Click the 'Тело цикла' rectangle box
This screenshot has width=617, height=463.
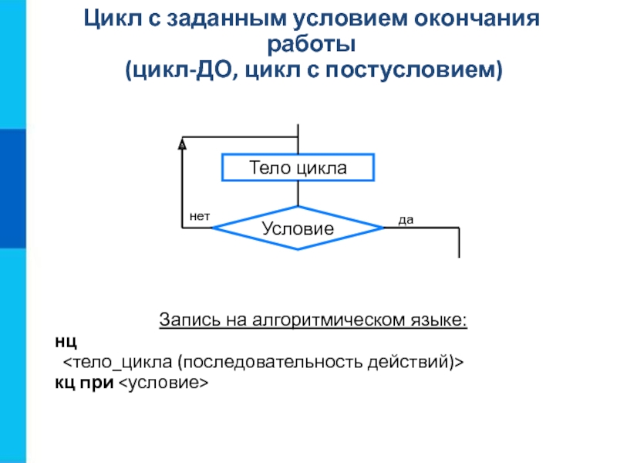pyautogui.click(x=298, y=167)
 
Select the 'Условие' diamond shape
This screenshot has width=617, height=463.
pyautogui.click(x=298, y=228)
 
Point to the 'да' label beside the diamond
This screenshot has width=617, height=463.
pyautogui.click(x=406, y=220)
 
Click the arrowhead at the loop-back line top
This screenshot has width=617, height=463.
pyautogui.click(x=182, y=144)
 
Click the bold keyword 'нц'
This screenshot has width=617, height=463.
pyautogui.click(x=66, y=340)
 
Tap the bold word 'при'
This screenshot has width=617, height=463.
pyautogui.click(x=99, y=382)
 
